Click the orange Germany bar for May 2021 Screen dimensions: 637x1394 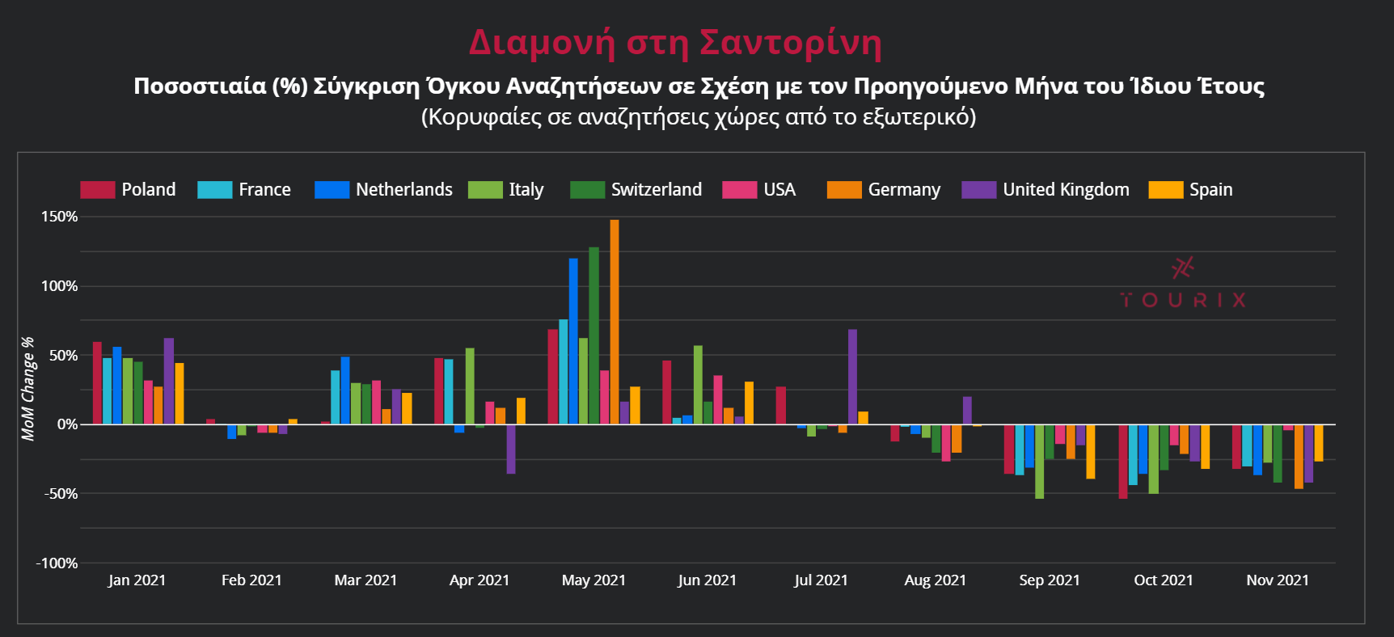tap(615, 322)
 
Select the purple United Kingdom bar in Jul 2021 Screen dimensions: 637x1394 tap(852, 377)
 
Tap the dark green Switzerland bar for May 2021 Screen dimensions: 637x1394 tap(594, 335)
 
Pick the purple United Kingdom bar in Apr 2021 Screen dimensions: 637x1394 tap(511, 449)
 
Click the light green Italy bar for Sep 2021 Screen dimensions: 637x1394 tap(1039, 461)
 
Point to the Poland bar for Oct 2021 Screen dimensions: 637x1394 tap(1123, 461)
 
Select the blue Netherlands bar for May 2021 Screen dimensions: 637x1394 tap(573, 341)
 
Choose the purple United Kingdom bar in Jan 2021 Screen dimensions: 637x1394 tap(169, 381)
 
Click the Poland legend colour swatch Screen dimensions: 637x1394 tap(98, 190)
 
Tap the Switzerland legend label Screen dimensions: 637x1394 tap(656, 190)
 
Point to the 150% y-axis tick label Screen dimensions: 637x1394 tap(60, 217)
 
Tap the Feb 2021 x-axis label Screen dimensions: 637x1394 tap(251, 580)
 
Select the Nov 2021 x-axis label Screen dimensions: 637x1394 tap(1277, 580)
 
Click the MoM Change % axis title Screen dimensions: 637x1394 tap(28, 389)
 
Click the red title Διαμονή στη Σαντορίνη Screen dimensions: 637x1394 tap(675, 42)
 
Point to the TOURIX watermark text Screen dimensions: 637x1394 tap(1182, 301)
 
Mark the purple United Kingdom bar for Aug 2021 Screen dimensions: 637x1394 tap(967, 411)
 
